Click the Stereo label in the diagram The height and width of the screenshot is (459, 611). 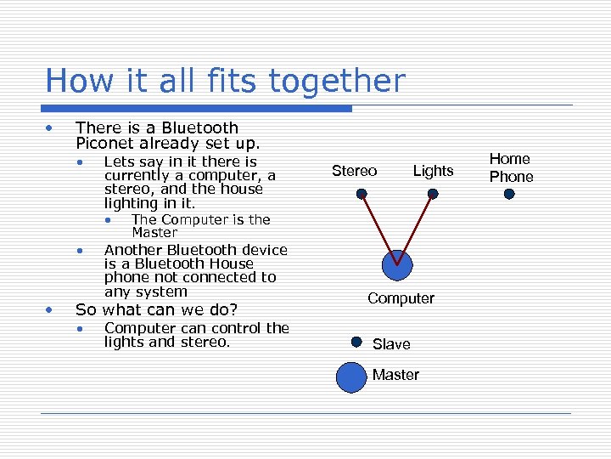(355, 171)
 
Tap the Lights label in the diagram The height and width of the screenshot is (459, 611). (433, 171)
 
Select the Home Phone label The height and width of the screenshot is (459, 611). (511, 167)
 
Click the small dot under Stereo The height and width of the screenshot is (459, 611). (362, 194)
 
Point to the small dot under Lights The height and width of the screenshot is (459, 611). (433, 194)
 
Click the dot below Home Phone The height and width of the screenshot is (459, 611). (509, 194)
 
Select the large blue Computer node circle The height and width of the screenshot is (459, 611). (395, 265)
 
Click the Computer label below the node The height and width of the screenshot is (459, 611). (401, 298)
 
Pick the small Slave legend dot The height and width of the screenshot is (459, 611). (356, 343)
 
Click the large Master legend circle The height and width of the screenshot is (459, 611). (350, 377)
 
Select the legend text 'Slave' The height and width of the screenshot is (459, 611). (391, 344)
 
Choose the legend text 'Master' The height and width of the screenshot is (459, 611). (395, 375)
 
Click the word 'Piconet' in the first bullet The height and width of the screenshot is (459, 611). (103, 144)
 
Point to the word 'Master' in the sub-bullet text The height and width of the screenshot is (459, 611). (154, 232)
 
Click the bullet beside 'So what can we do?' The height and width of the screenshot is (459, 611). (52, 309)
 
